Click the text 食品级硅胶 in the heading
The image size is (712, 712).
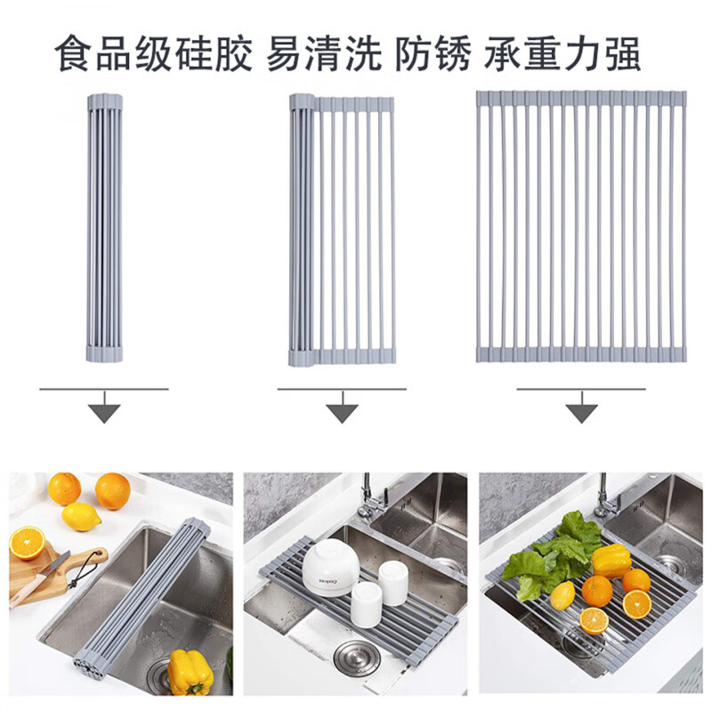[152, 55]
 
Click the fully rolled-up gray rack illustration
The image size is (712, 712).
[104, 226]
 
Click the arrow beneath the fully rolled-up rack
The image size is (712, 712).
[104, 411]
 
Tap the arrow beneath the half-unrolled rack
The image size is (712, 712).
[342, 411]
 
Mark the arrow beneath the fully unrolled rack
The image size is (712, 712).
[581, 411]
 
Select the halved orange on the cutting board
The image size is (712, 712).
[27, 543]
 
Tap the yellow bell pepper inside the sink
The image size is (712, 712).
[190, 672]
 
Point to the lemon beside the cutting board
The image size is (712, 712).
[81, 516]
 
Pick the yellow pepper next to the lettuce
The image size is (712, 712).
[611, 561]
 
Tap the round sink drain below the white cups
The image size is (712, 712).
[355, 659]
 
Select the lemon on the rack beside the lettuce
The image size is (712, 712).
[562, 596]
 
